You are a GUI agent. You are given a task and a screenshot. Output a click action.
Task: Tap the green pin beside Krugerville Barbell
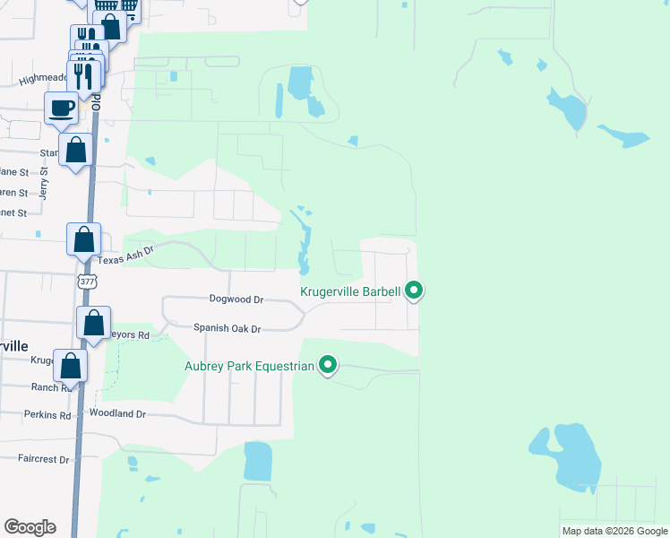414,291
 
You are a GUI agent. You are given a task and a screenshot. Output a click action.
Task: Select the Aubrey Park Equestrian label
249,366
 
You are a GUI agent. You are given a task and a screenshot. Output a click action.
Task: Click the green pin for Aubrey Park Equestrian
329,365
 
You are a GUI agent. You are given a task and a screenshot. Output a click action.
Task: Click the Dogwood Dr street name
236,299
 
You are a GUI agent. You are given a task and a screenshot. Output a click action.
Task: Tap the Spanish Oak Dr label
227,329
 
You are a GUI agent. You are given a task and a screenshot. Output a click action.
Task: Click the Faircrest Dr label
43,459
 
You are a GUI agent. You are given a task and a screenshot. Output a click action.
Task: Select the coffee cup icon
62,108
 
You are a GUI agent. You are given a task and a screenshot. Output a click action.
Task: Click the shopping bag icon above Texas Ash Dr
83,240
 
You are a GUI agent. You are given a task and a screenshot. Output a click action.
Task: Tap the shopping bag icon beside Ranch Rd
71,366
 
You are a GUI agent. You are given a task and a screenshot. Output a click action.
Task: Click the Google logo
30,527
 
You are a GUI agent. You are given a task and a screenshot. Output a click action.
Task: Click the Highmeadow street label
42,80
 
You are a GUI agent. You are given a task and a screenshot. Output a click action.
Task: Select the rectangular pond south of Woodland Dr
258,461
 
